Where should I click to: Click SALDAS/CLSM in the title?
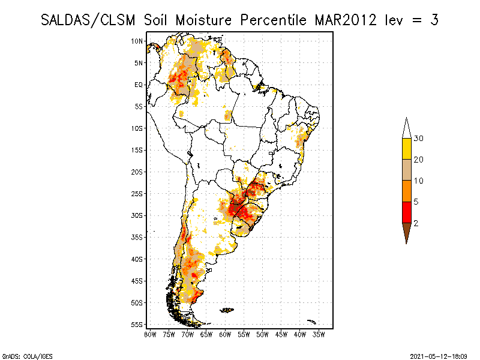(89, 20)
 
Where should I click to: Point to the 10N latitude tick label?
(137, 41)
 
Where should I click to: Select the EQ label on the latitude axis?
(139, 85)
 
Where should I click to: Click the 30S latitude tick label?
(137, 215)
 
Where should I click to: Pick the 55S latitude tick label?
(137, 325)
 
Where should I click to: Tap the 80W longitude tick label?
(150, 334)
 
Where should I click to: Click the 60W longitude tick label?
(225, 334)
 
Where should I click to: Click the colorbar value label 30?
(419, 139)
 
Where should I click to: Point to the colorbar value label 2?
(416, 223)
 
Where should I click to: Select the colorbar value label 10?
(419, 181)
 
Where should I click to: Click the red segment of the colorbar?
(406, 212)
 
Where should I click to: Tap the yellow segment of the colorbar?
(406, 149)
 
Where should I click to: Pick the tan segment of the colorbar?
(406, 170)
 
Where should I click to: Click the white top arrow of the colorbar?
(406, 128)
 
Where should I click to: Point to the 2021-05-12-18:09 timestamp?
(438, 356)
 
